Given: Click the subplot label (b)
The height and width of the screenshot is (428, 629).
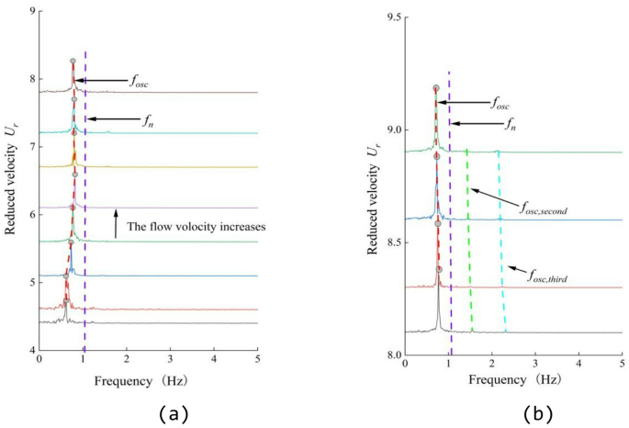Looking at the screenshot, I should click(536, 413).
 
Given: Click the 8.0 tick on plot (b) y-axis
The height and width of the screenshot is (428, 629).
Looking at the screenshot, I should click(387, 355).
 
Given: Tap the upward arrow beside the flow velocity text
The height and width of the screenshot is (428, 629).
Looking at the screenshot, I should click(116, 223).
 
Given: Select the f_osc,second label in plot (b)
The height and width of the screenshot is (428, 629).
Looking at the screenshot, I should click(542, 210).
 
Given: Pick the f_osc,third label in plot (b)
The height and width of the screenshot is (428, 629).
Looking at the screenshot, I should click(558, 272).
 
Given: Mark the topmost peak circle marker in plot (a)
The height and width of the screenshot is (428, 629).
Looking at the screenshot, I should click(73, 62).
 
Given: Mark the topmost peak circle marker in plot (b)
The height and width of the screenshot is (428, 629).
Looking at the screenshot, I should click(436, 88).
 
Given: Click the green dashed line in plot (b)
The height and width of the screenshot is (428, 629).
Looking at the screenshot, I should click(469, 239).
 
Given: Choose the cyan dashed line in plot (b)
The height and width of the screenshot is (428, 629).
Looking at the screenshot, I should click(501, 239).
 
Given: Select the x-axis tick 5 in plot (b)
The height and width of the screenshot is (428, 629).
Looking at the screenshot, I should click(622, 366).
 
